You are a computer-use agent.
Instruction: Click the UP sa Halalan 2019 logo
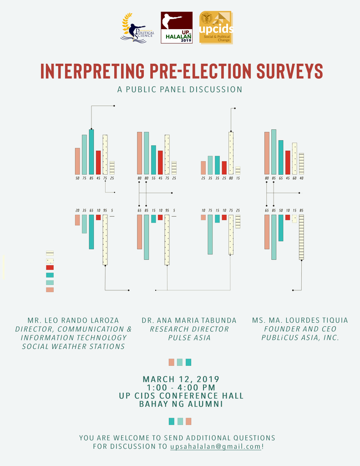pos(177,28)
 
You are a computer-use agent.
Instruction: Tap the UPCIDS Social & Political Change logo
pos(216,28)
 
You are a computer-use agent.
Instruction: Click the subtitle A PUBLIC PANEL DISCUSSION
pos(180,90)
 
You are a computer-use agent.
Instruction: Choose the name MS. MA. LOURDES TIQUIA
pos(300,320)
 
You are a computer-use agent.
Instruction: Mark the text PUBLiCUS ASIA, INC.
pos(300,338)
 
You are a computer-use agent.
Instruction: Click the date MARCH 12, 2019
pos(181,379)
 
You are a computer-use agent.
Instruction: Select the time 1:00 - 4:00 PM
pos(181,387)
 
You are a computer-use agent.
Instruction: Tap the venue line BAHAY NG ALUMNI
pos(181,404)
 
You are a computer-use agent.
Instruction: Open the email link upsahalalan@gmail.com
pos(216,446)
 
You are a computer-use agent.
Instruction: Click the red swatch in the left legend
pos(50,268)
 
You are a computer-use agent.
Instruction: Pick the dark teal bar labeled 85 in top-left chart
pos(91,152)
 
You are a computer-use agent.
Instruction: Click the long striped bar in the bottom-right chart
pos(301,237)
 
